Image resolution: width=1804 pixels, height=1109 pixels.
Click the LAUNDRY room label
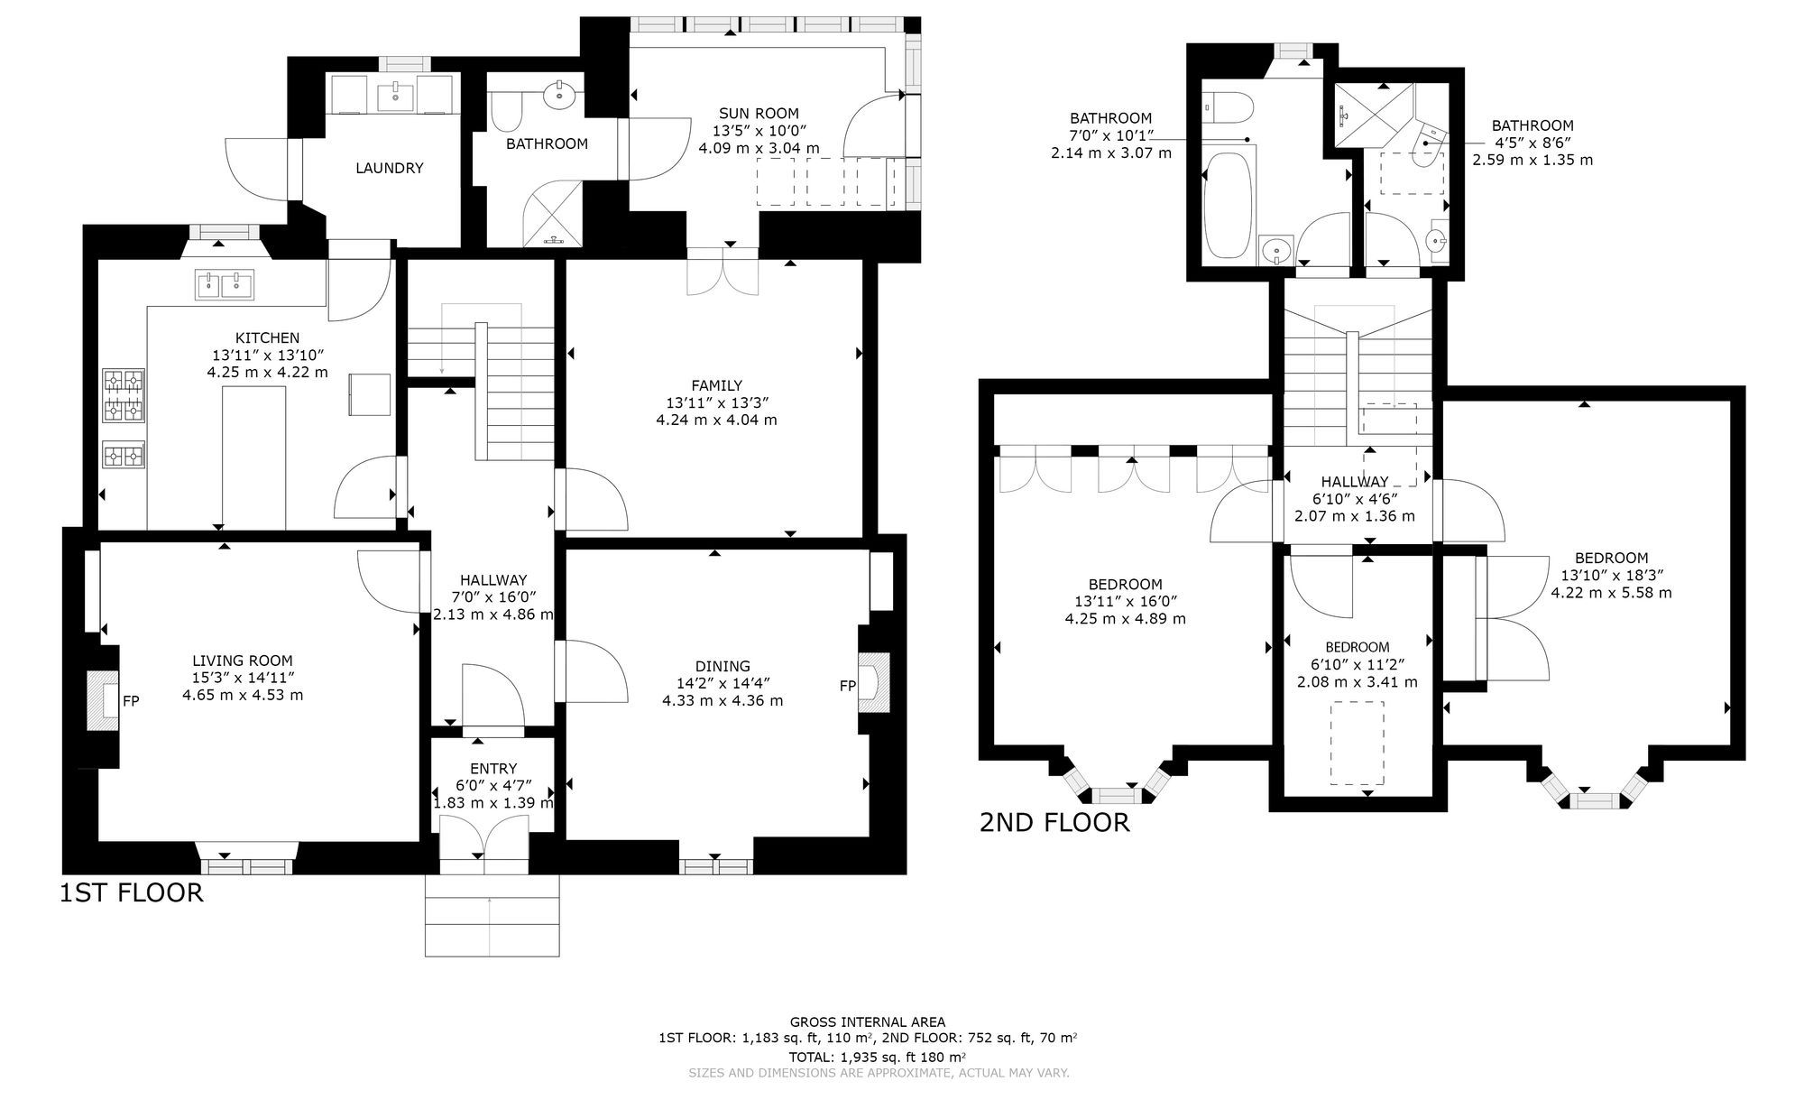[x=389, y=168]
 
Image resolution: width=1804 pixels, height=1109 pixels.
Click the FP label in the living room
[x=131, y=700]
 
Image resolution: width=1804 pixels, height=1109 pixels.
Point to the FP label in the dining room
[x=847, y=686]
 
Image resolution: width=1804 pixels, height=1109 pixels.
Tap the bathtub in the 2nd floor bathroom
[x=1229, y=206]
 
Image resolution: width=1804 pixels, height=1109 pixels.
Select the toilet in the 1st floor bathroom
[x=506, y=112]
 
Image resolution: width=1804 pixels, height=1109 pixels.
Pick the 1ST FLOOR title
[x=132, y=893]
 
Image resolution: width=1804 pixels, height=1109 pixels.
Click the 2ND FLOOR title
[x=1054, y=823]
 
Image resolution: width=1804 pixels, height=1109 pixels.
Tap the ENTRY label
[x=493, y=769]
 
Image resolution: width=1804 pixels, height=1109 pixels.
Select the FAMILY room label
[x=717, y=385]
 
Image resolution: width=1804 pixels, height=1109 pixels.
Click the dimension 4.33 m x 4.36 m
[x=723, y=700]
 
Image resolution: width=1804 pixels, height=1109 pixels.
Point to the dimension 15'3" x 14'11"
[x=243, y=678]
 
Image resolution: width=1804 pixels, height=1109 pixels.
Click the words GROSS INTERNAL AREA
[x=868, y=1022]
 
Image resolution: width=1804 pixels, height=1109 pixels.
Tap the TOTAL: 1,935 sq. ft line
[x=877, y=1057]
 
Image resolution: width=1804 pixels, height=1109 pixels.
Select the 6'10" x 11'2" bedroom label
[x=1357, y=647]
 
